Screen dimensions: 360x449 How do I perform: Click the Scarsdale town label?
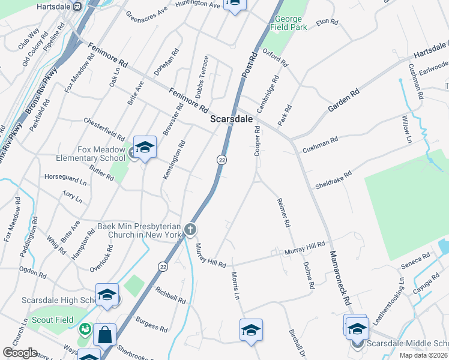tap(231, 119)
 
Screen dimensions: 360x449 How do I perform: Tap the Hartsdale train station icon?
tap(77, 6)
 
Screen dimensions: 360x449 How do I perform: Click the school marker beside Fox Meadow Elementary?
tap(145, 148)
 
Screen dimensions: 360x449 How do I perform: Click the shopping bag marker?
tap(104, 335)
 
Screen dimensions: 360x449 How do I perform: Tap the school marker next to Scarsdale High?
tap(107, 295)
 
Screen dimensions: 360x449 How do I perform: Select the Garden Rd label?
tap(343, 100)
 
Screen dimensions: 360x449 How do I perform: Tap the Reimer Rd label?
tap(284, 214)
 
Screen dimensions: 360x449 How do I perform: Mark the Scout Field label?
tap(56, 320)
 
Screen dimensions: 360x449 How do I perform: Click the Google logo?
tap(20, 353)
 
